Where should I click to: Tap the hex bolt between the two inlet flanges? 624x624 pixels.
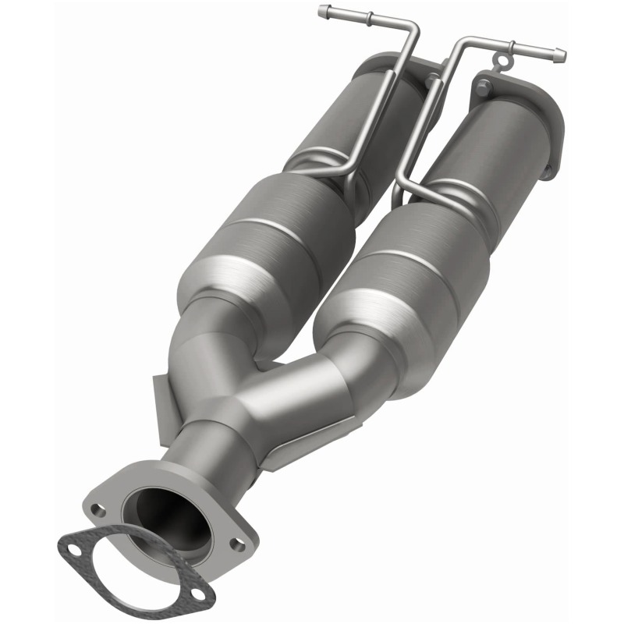pyautogui.click(x=431, y=79)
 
